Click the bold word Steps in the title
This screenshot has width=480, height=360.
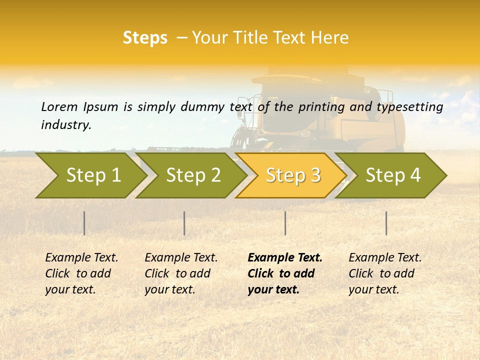[145, 38]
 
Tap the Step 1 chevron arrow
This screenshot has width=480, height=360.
[93, 175]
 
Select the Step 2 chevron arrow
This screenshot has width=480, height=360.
[193, 175]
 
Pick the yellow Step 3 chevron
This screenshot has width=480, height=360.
[293, 175]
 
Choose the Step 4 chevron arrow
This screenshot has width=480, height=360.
[393, 175]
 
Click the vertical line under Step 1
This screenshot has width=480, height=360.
[84, 223]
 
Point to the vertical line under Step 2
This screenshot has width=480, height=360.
[184, 223]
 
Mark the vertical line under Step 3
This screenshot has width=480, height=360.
[285, 223]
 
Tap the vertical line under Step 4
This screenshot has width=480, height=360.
[386, 223]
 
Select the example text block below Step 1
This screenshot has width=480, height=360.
[81, 273]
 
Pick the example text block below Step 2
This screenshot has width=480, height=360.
[181, 273]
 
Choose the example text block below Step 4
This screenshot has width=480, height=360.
[385, 273]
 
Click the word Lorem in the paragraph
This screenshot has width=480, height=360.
[59, 107]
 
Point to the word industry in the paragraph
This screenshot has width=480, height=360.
[66, 125]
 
